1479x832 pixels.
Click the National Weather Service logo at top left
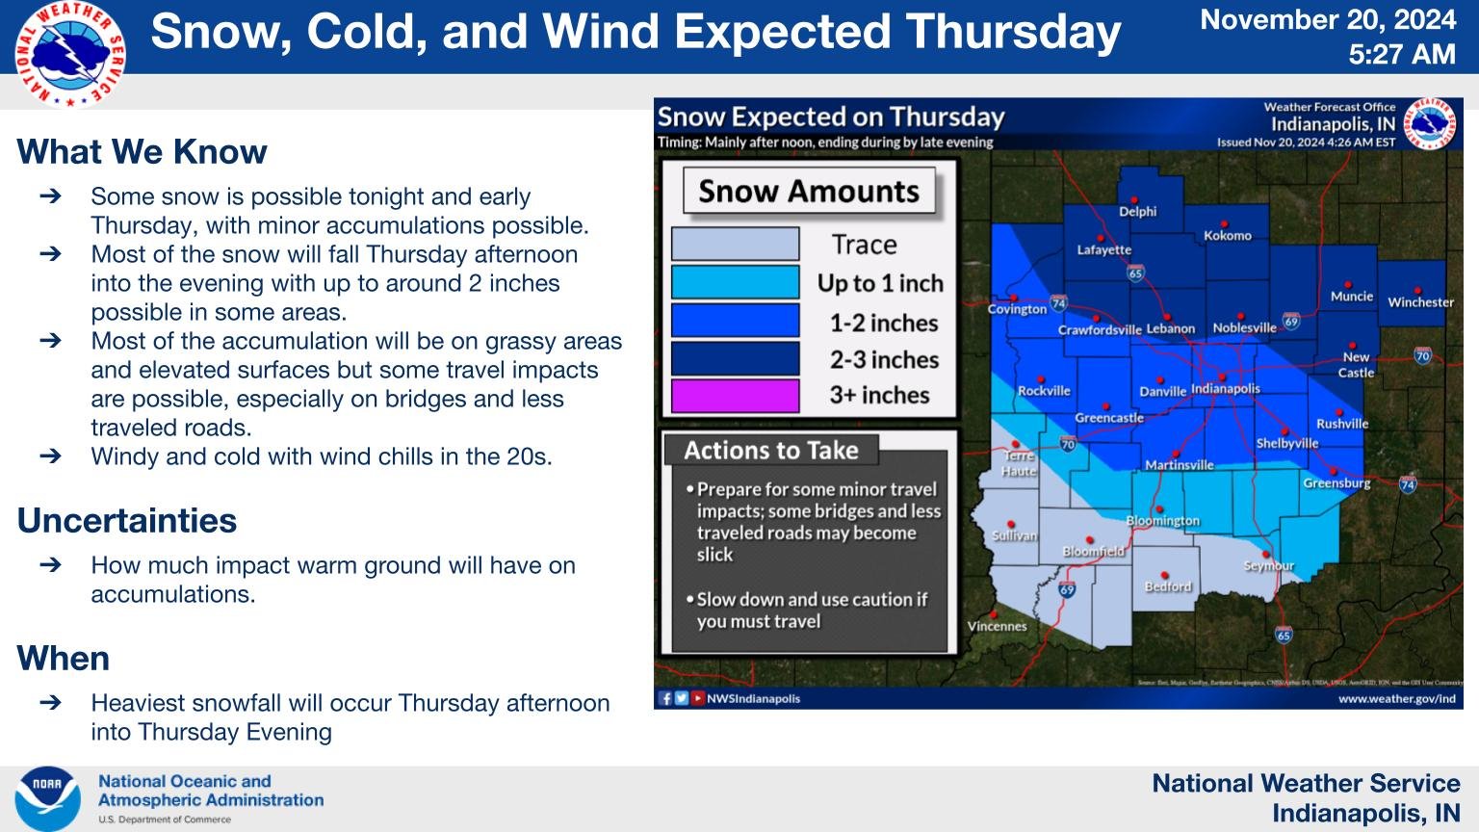click(69, 54)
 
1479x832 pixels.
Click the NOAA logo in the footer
click(47, 798)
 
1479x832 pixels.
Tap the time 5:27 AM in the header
click(1401, 55)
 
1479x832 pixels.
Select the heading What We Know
click(142, 152)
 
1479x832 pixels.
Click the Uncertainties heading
click(126, 521)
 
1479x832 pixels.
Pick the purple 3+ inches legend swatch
click(735, 396)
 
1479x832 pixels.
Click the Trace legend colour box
click(735, 245)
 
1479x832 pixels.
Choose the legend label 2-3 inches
click(883, 360)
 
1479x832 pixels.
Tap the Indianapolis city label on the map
click(1225, 389)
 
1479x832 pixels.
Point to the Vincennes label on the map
click(997, 626)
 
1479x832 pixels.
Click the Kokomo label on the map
click(1227, 236)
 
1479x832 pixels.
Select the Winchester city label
click(1420, 302)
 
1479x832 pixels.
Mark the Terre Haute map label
click(1019, 463)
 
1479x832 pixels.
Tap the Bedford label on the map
click(1167, 586)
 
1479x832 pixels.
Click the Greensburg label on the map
click(1336, 483)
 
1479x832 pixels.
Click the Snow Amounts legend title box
click(808, 192)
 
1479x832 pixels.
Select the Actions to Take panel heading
click(770, 451)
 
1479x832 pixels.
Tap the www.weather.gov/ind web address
click(1396, 699)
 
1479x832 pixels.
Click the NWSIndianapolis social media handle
click(753, 699)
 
